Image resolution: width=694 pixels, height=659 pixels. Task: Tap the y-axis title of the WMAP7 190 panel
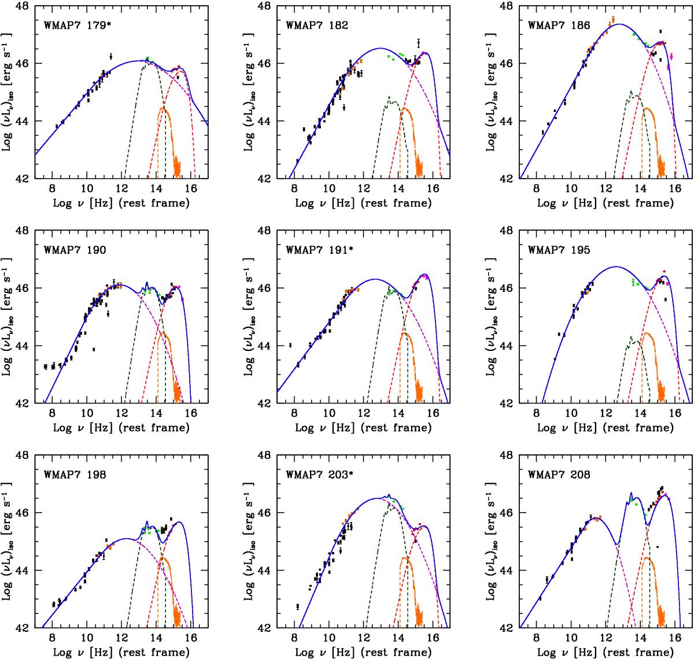[8, 316]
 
